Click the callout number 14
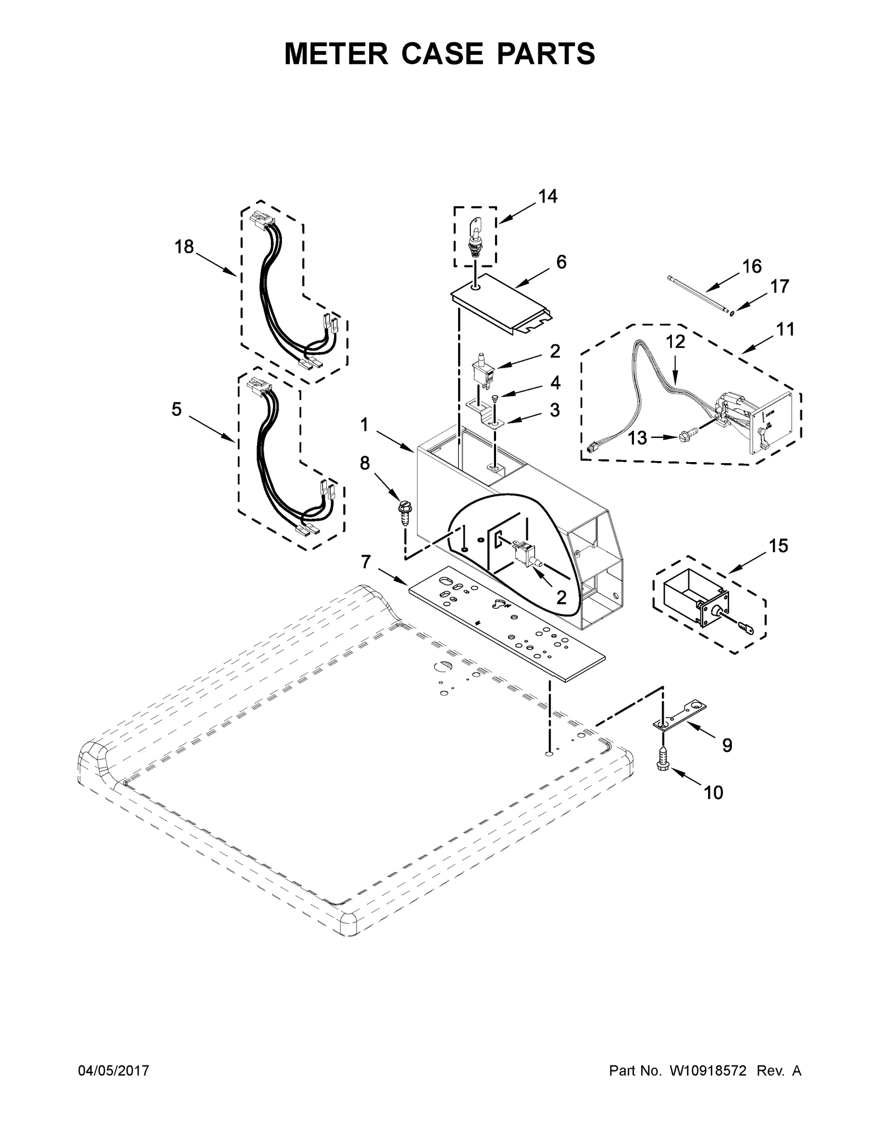click(x=547, y=196)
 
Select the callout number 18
click(x=184, y=247)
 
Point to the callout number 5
click(x=176, y=409)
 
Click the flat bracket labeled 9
click(x=679, y=716)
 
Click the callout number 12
click(x=676, y=341)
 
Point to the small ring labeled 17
click(x=732, y=313)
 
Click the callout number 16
click(x=752, y=267)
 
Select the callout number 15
click(x=778, y=546)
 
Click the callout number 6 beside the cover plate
click(x=560, y=262)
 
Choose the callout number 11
click(x=785, y=330)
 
